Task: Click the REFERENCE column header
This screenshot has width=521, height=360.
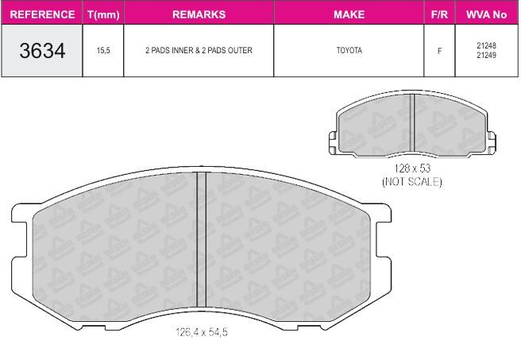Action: (42, 14)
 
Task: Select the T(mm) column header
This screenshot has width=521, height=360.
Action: (103, 14)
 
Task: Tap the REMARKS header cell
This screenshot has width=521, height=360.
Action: (199, 14)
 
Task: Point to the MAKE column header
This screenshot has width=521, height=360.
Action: (349, 14)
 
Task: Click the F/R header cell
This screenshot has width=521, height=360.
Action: (439, 14)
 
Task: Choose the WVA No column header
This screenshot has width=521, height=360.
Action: (486, 14)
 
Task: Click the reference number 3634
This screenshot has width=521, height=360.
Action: (42, 51)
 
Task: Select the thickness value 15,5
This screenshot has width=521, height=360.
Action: (103, 51)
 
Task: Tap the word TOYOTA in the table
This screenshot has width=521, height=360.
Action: (349, 50)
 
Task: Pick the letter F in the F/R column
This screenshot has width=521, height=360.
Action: (440, 51)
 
